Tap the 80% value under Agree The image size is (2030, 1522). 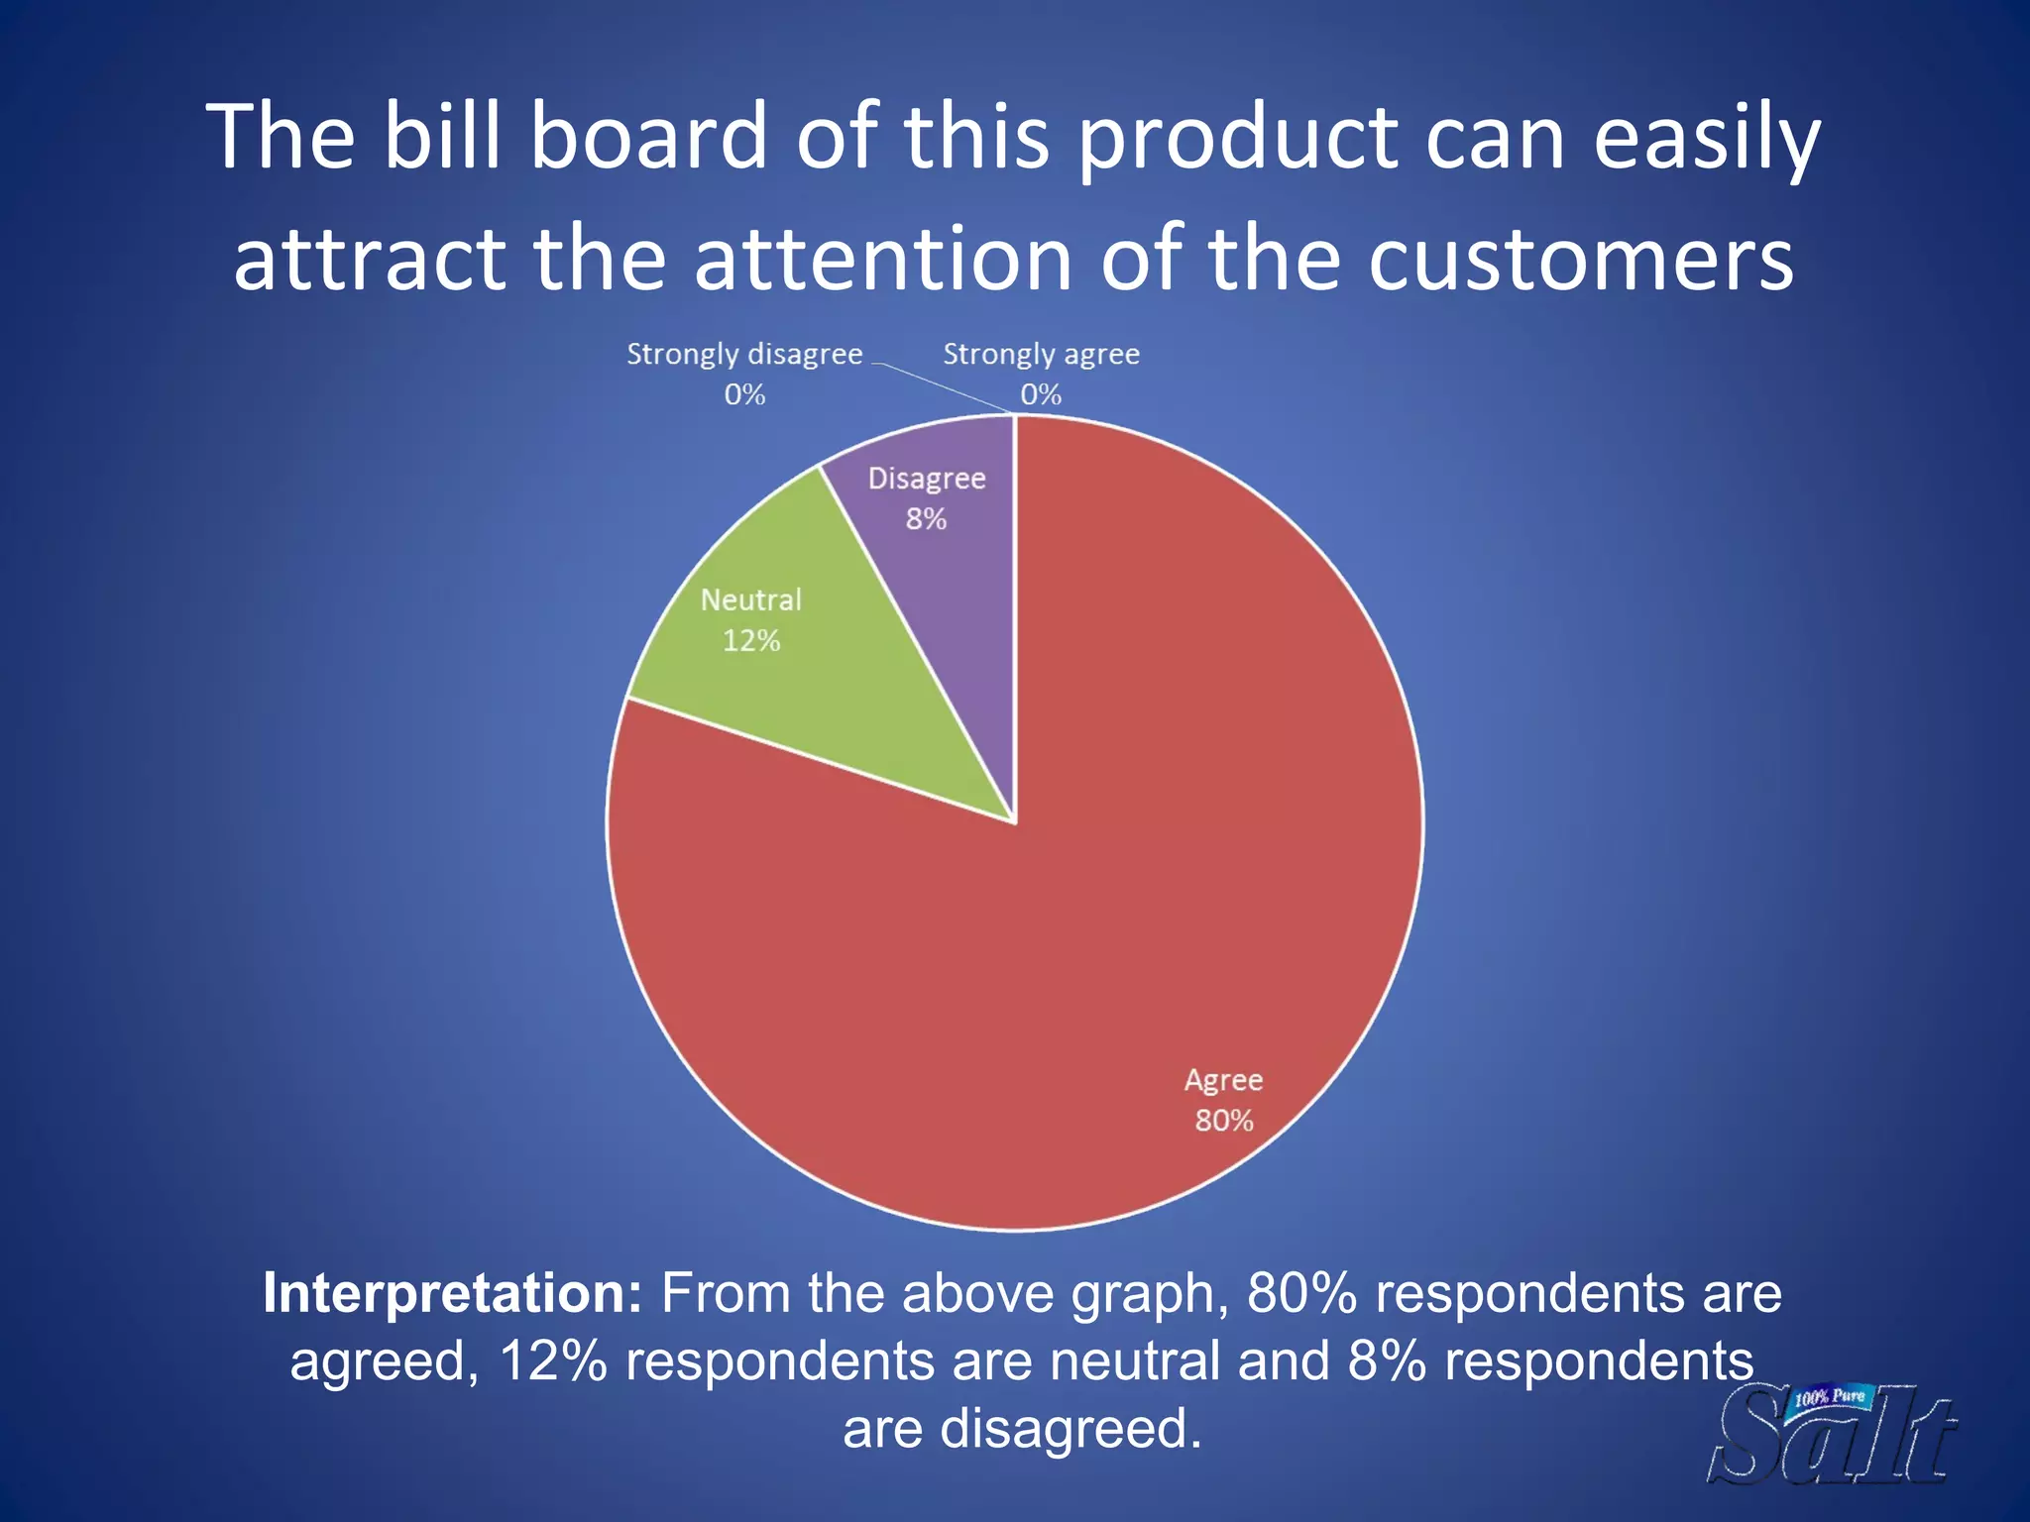click(1224, 1121)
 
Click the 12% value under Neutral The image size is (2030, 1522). click(751, 641)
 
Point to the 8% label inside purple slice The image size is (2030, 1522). click(926, 519)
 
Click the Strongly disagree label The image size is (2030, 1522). click(744, 354)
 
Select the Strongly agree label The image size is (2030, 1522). click(1041, 354)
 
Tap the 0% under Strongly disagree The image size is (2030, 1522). click(744, 394)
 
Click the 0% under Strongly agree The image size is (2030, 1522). click(1041, 394)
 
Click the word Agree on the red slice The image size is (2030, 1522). click(1223, 1079)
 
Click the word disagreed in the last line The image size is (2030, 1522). click(1071, 1428)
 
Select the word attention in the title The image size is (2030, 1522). click(882, 260)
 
